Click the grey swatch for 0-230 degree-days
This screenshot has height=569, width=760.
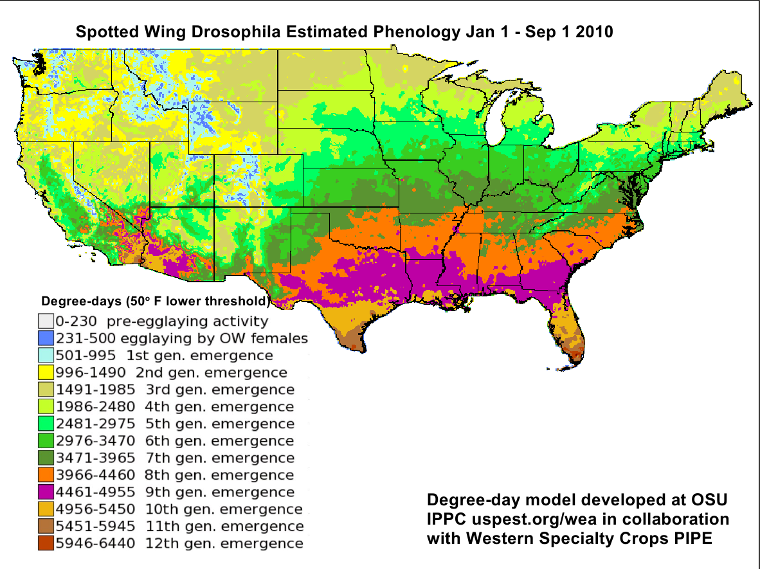coord(45,321)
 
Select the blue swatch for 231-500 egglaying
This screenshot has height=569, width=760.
coord(45,338)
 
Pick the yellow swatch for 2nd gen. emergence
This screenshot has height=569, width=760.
coord(45,372)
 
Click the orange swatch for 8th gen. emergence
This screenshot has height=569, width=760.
coord(45,475)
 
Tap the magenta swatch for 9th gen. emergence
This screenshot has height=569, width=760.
coord(45,492)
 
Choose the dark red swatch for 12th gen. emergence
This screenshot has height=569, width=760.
coord(45,544)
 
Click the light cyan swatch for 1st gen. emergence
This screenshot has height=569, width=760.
coord(45,356)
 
